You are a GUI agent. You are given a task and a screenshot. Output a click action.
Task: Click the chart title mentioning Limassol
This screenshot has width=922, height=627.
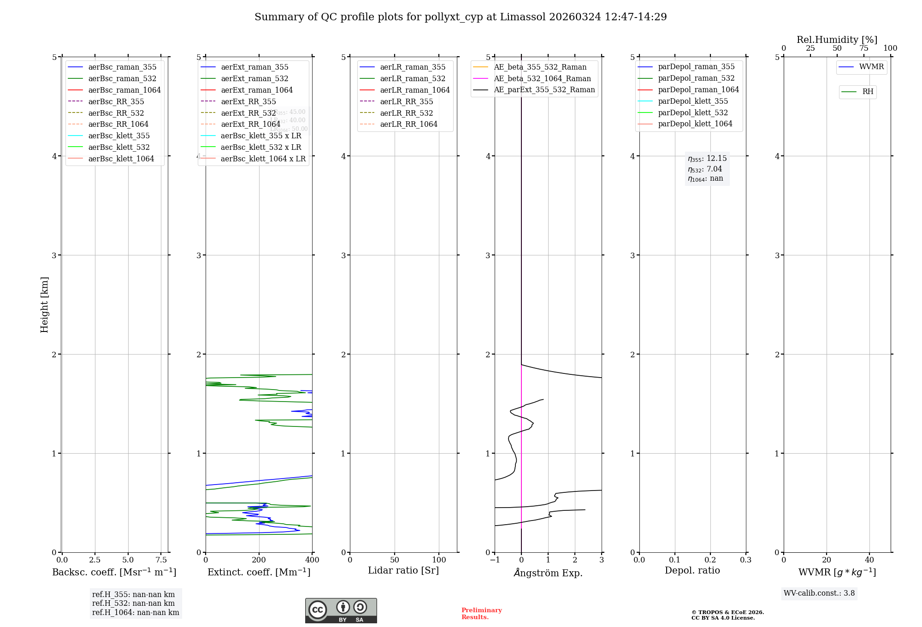[x=461, y=17]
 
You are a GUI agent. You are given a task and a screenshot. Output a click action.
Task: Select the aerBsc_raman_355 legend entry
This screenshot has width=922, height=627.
[x=122, y=67]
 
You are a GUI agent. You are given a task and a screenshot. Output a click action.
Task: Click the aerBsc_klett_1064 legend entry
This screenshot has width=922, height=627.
[x=121, y=159]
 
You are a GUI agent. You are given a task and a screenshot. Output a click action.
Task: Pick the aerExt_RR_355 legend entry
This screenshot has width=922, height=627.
[x=248, y=102]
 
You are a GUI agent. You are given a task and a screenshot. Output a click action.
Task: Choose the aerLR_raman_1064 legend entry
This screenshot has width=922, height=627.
[x=414, y=90]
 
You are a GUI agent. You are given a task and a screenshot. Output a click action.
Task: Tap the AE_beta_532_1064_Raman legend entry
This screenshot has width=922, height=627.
[x=542, y=79]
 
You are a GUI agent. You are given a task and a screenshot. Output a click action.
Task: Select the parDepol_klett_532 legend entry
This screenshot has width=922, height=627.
[x=692, y=113]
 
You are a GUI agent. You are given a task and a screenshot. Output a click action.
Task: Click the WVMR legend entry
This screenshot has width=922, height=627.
[x=871, y=67]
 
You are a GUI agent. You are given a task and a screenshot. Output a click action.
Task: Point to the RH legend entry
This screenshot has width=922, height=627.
[x=868, y=92]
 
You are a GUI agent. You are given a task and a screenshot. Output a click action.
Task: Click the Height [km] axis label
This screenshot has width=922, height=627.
[x=44, y=304]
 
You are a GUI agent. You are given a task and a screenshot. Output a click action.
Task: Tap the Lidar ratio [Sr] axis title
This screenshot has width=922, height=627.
[x=403, y=571]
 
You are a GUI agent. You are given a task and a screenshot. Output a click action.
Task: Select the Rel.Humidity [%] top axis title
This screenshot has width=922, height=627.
[x=837, y=40]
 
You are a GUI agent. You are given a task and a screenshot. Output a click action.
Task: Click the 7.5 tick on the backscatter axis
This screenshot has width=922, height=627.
[x=161, y=560]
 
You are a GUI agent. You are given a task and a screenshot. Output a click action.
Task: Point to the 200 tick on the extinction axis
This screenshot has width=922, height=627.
[x=259, y=560]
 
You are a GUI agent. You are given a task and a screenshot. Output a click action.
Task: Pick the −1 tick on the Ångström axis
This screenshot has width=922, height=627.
[x=495, y=560]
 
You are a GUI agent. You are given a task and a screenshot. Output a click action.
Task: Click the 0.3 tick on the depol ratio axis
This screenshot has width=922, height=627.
[x=745, y=560]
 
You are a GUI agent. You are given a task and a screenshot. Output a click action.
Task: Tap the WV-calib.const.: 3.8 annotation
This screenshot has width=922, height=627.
[x=819, y=593]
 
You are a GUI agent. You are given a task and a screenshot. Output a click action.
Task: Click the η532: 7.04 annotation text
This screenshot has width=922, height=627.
[x=705, y=169]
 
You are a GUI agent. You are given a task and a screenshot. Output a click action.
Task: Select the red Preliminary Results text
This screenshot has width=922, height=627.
[x=481, y=614]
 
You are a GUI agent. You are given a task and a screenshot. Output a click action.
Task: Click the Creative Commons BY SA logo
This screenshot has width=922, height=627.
[x=341, y=611]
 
